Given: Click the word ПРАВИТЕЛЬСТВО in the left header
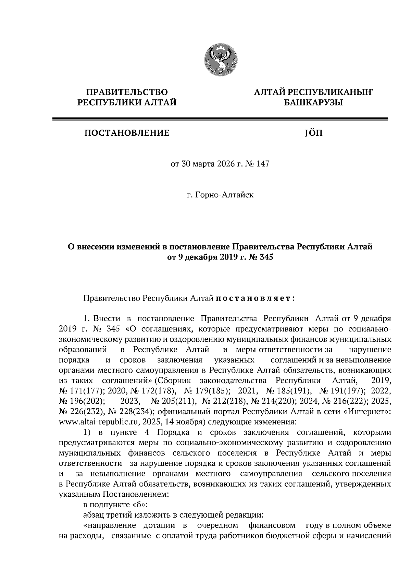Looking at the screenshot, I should click(x=127, y=92).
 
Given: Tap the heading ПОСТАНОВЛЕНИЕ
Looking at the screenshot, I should click(x=127, y=133).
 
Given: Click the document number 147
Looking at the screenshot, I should click(x=262, y=164).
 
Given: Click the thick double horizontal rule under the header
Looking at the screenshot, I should click(x=220, y=119).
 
